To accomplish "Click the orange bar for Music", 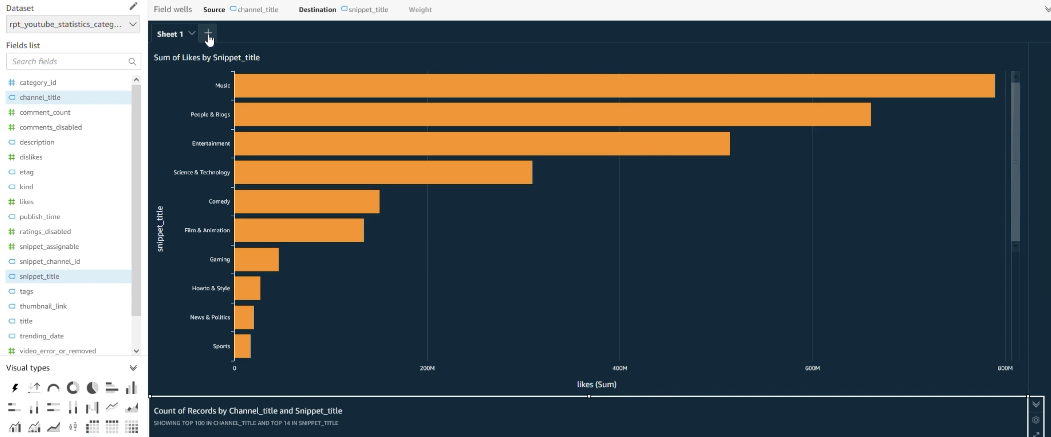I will (614, 86).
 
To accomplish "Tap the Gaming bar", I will (256, 259).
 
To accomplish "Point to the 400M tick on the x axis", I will (619, 368).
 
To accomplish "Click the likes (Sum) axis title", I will (596, 384).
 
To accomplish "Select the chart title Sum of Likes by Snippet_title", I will (207, 58).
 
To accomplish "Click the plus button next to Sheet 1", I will (208, 33).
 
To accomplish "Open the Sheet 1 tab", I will (170, 34).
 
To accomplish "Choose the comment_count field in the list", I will (45, 112).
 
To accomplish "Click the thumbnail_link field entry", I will (43, 306).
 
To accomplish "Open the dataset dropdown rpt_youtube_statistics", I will (73, 24).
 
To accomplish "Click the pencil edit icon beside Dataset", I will (133, 6).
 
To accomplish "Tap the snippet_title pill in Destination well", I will (368, 10).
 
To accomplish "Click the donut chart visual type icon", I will (73, 387).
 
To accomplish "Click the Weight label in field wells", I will (420, 10).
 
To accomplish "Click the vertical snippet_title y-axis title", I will (160, 229).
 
